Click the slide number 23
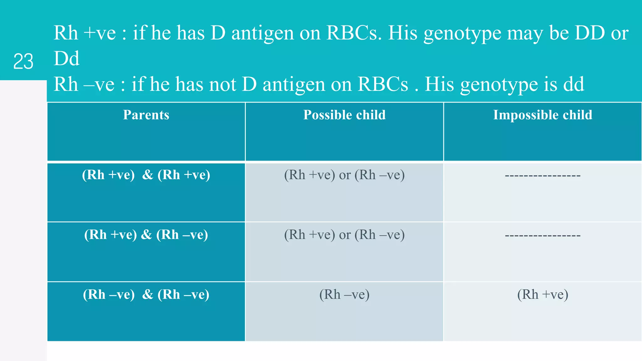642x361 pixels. tap(23, 61)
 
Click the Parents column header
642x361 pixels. tap(146, 115)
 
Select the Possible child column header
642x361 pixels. tap(344, 115)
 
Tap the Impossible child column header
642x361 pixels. tap(543, 115)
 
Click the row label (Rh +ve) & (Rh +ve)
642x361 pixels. tap(146, 175)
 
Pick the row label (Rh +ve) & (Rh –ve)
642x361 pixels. tap(146, 235)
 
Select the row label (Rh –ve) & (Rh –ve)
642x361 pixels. tap(146, 295)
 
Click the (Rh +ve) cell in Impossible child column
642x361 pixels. tap(543, 295)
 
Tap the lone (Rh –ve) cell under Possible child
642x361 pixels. tap(344, 295)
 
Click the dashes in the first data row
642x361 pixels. tap(543, 176)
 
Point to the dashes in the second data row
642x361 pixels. tap(543, 236)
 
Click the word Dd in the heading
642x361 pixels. tap(66, 59)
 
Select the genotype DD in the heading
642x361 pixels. tap(589, 33)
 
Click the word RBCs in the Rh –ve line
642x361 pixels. tap(383, 84)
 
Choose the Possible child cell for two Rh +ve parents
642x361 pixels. tap(344, 175)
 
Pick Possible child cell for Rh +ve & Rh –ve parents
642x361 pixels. tap(344, 235)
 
